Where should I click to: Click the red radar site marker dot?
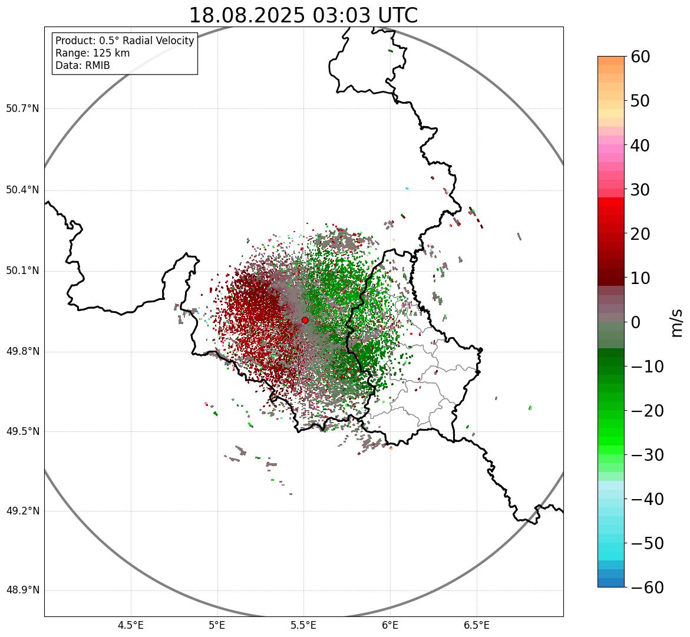point(305,320)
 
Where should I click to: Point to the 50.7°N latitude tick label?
point(22,109)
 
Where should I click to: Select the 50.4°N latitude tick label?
point(22,190)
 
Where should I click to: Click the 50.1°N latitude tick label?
point(22,271)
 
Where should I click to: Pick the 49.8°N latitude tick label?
point(22,352)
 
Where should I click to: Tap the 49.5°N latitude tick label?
point(22,431)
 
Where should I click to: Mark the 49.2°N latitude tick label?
point(22,511)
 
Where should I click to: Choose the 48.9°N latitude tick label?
point(22,590)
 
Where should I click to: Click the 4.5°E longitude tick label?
point(131,625)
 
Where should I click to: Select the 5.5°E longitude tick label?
point(303,625)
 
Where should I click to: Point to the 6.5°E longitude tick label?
point(477,625)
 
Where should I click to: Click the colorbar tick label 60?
point(649,57)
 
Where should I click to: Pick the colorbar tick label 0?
point(636,322)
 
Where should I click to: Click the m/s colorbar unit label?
point(677,322)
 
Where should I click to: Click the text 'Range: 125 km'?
point(93,53)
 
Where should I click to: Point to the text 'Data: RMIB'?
point(82,65)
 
